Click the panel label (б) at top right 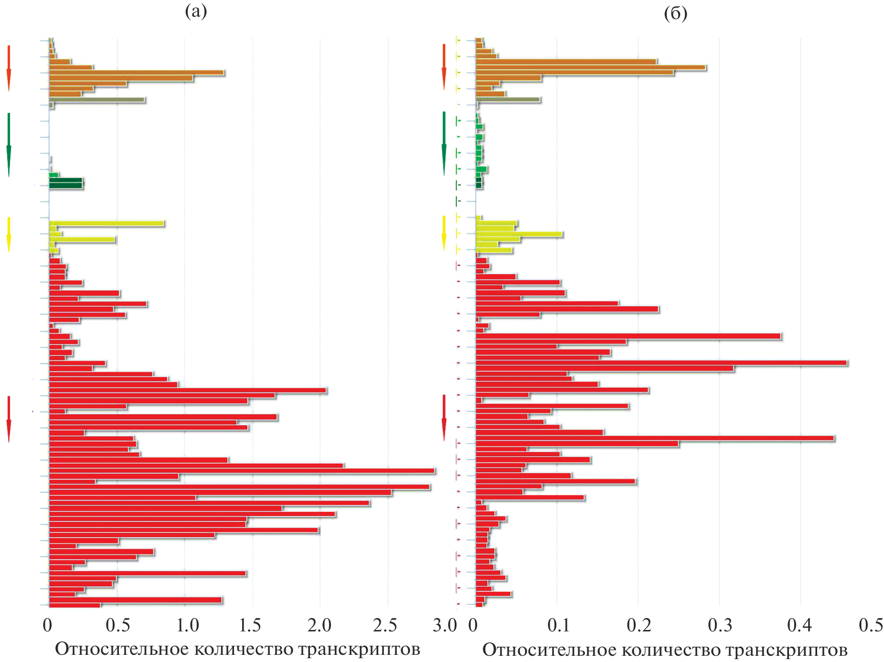pos(675,13)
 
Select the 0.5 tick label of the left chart pos(117,626)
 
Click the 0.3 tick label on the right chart pos(720,626)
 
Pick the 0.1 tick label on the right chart pos(558,626)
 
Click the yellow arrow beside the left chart pos(9,234)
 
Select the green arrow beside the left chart pos(9,144)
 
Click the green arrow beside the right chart pos(444,143)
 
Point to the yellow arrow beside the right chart pos(444,233)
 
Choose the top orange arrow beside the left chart pos(9,68)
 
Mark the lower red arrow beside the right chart pos(444,417)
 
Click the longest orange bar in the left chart pos(137,73)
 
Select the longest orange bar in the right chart pos(591,67)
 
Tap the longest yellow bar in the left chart pos(107,224)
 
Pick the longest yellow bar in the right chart pos(519,234)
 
